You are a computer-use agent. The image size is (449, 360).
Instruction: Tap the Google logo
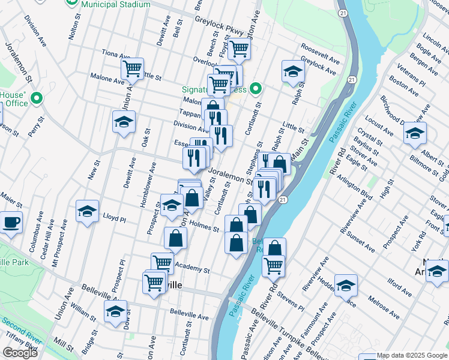point(20,353)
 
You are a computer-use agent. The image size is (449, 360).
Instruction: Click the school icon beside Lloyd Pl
point(87,211)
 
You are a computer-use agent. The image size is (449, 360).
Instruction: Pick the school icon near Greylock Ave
point(292,71)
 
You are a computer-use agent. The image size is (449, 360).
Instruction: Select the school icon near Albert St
point(415,134)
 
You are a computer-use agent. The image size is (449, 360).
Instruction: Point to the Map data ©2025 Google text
point(411,355)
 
